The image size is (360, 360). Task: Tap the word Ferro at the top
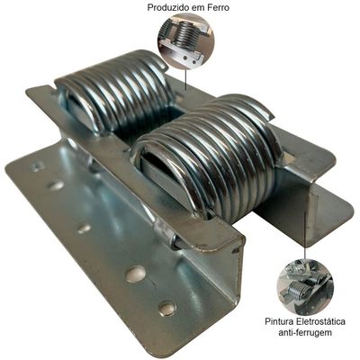218,7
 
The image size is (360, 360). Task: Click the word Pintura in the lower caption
277,321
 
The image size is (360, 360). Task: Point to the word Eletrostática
319,321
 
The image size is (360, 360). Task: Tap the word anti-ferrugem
305,333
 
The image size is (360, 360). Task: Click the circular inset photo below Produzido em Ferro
186,41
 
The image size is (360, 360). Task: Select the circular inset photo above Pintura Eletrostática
305,287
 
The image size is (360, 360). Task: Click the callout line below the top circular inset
186,80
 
